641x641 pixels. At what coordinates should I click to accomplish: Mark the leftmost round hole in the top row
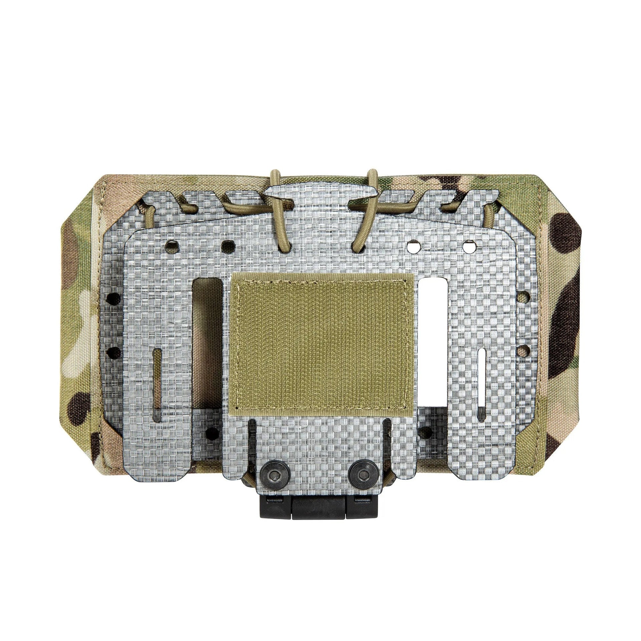172,246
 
